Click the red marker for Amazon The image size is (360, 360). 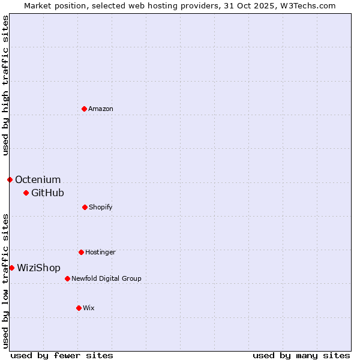[x=84, y=109]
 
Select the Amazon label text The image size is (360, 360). [x=101, y=109]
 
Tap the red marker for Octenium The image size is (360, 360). [x=10, y=179]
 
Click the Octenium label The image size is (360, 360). [x=38, y=180]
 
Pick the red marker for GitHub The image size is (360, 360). [x=26, y=193]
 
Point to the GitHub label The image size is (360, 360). [x=47, y=193]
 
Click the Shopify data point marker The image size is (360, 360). [x=85, y=207]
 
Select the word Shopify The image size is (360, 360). [x=101, y=208]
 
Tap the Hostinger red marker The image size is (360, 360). [x=81, y=252]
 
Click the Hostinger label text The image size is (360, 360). [x=100, y=253]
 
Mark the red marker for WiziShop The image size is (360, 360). [x=11, y=268]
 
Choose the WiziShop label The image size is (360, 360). [x=38, y=268]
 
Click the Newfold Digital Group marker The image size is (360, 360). [x=67, y=278]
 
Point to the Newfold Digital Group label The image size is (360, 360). [x=106, y=278]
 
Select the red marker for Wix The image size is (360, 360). [x=79, y=308]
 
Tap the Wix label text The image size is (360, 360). [x=89, y=308]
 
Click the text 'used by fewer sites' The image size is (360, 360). [x=62, y=356]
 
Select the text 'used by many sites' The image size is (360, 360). [x=301, y=356]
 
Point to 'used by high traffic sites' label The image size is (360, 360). [x=5, y=85]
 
